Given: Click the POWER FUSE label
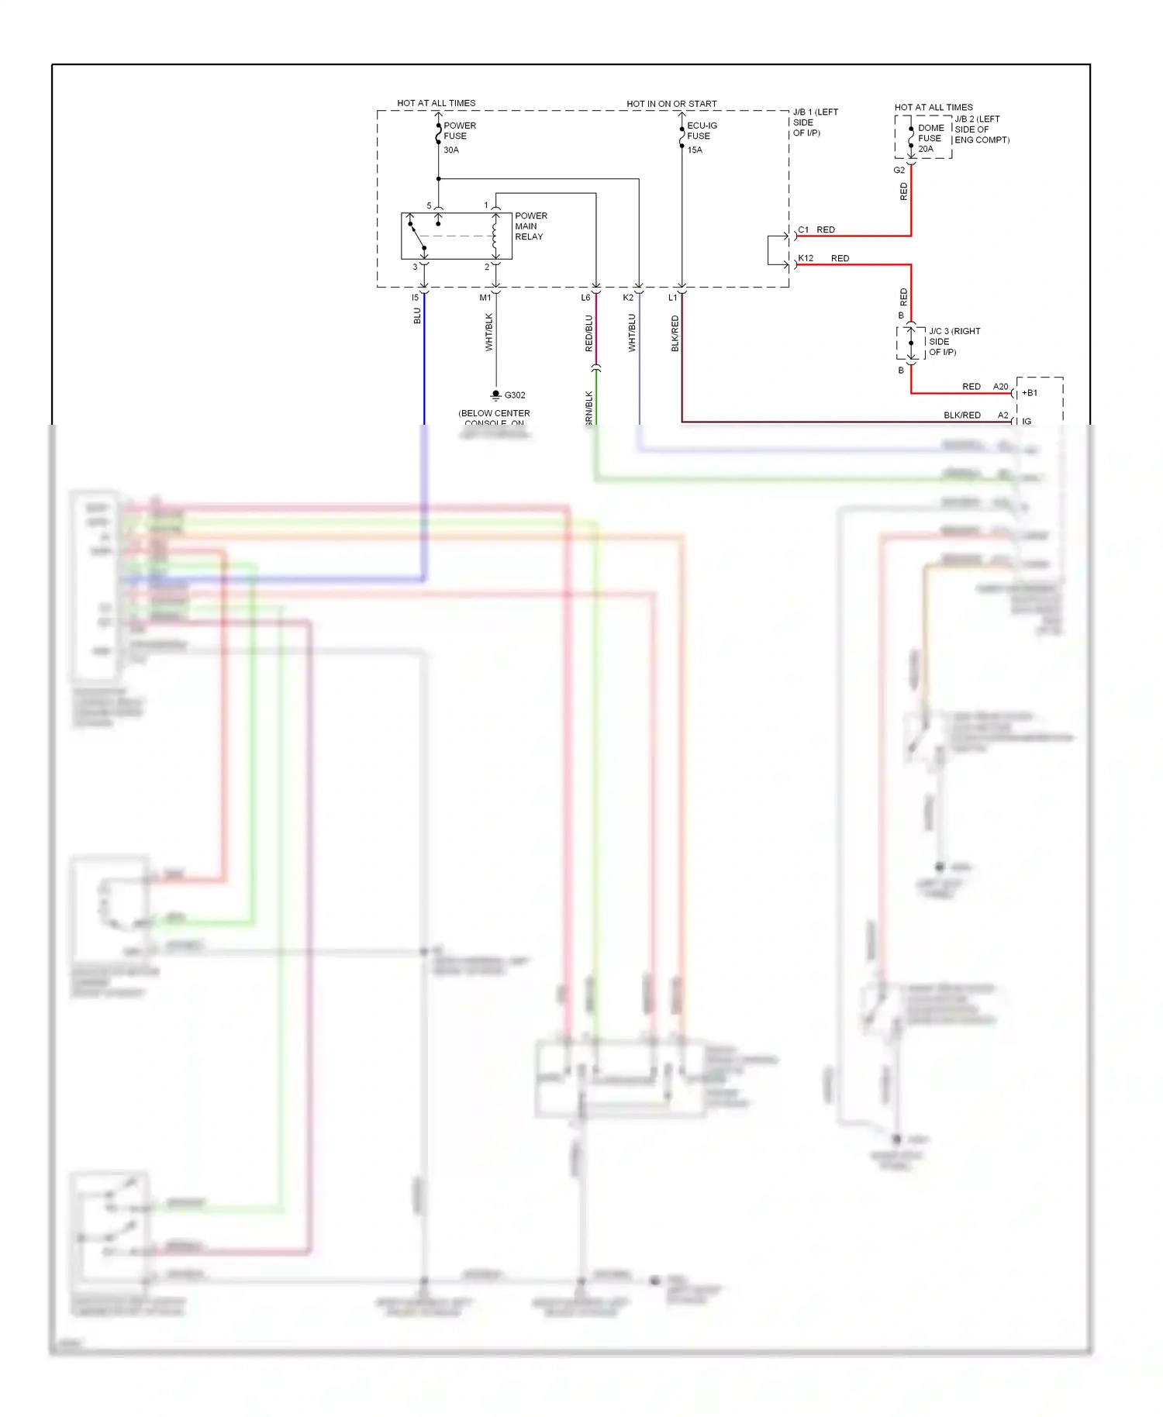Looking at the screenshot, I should pos(459,130).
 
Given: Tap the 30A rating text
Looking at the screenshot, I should pos(451,150).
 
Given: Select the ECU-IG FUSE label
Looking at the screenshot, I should pos(702,130).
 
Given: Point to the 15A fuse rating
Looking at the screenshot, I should pos(695,150).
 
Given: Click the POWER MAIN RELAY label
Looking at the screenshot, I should pos(530,226).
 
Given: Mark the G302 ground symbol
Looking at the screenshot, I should pos(496,395).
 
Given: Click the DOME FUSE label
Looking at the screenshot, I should pos(930,133).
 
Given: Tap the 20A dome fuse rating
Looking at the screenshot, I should pos(926,149).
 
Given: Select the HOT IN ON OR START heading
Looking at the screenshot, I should pos(671,104).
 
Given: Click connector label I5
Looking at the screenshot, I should pos(415,298).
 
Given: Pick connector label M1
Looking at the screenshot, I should pos(485,298).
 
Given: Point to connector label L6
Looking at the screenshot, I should pos(585,298).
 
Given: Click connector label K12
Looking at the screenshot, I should pos(806,258).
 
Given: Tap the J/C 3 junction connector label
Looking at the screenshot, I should pos(954,342).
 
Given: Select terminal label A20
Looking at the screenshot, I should pos(1000,387).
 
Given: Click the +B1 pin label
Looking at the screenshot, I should pos(1030,393).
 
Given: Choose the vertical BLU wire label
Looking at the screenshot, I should pos(417,316).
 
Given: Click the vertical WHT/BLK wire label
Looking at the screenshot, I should pos(488,332).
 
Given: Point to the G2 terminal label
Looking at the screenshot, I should pos(899,171).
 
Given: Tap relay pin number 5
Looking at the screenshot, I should pos(429,206).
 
